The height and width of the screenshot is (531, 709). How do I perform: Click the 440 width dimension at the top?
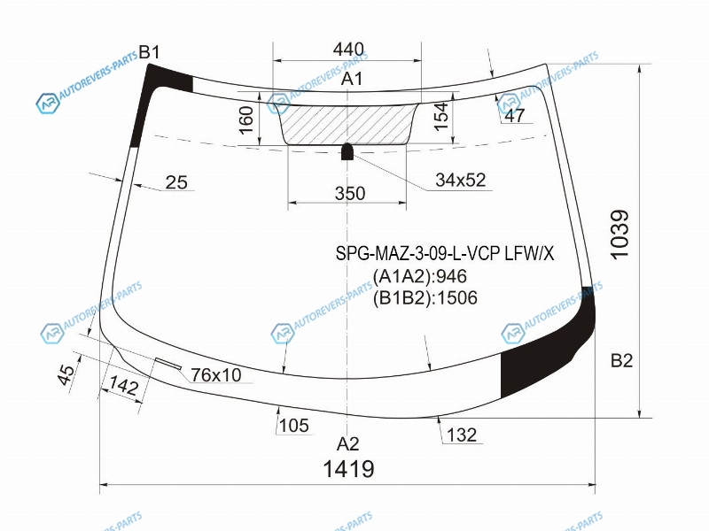348,50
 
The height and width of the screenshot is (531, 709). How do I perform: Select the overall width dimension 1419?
348,469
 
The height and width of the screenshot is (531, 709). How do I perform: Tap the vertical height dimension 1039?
619,234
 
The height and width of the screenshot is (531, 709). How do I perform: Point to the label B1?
149,52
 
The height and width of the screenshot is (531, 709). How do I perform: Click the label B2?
621,360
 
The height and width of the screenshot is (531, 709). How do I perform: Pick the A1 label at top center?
351,79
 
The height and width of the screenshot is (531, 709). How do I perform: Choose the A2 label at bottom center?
347,444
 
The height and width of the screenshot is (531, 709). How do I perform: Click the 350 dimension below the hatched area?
349,193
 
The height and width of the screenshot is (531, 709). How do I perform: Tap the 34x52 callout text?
460,180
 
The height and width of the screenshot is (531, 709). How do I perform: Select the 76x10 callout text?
215,374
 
